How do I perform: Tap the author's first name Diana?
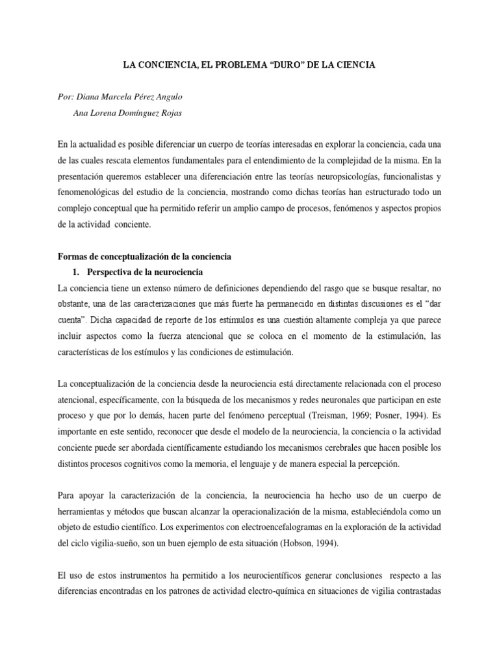point(94,97)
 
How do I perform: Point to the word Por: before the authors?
point(67,97)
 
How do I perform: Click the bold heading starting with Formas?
point(144,257)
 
